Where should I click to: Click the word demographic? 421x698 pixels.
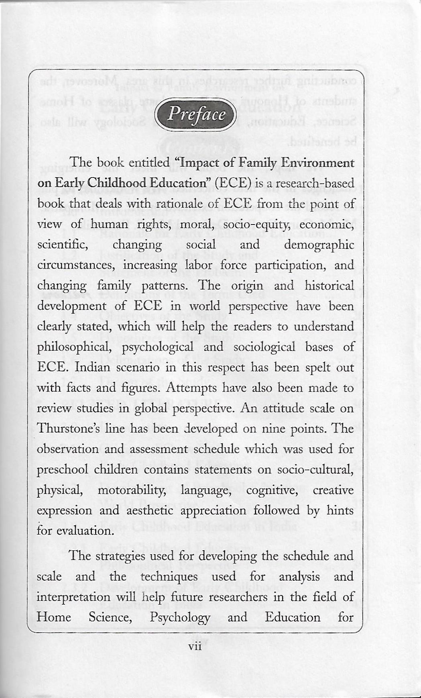319,245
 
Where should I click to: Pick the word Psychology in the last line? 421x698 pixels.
179,617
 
